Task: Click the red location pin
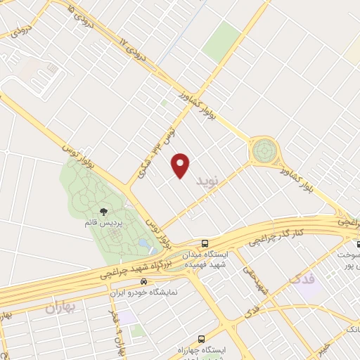pyautogui.click(x=181, y=165)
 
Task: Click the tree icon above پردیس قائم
pyautogui.click(x=104, y=210)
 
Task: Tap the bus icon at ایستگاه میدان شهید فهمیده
pyautogui.click(x=205, y=243)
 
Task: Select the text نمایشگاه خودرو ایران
pyautogui.click(x=146, y=291)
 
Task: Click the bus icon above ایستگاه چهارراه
pyautogui.click(x=202, y=339)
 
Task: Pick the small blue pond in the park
pyautogui.click(x=143, y=244)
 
